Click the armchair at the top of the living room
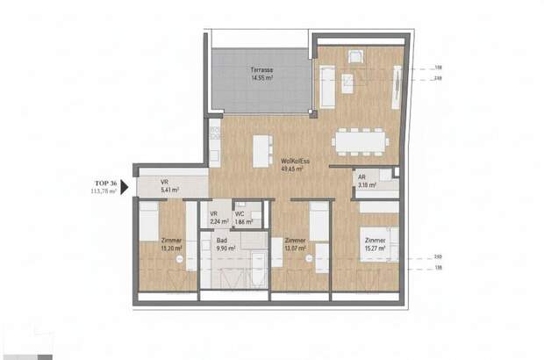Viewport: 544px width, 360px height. [x=355, y=58]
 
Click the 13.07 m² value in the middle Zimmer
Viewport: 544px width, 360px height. [x=295, y=248]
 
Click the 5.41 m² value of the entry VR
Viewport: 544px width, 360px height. [x=169, y=190]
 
